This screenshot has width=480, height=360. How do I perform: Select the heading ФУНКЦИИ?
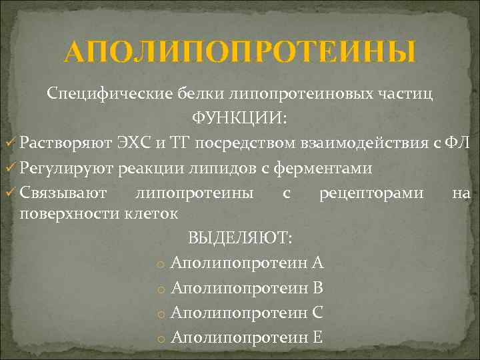click(240, 119)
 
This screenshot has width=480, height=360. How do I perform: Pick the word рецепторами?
click(371, 193)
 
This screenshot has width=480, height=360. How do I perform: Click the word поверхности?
click(69, 214)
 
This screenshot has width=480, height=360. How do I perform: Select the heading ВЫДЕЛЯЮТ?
click(241, 238)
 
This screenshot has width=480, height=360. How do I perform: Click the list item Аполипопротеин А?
click(247, 263)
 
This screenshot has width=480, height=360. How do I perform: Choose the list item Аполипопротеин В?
click(247, 288)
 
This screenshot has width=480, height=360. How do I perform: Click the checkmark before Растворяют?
click(10, 143)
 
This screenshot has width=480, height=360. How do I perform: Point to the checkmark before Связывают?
click(10, 193)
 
